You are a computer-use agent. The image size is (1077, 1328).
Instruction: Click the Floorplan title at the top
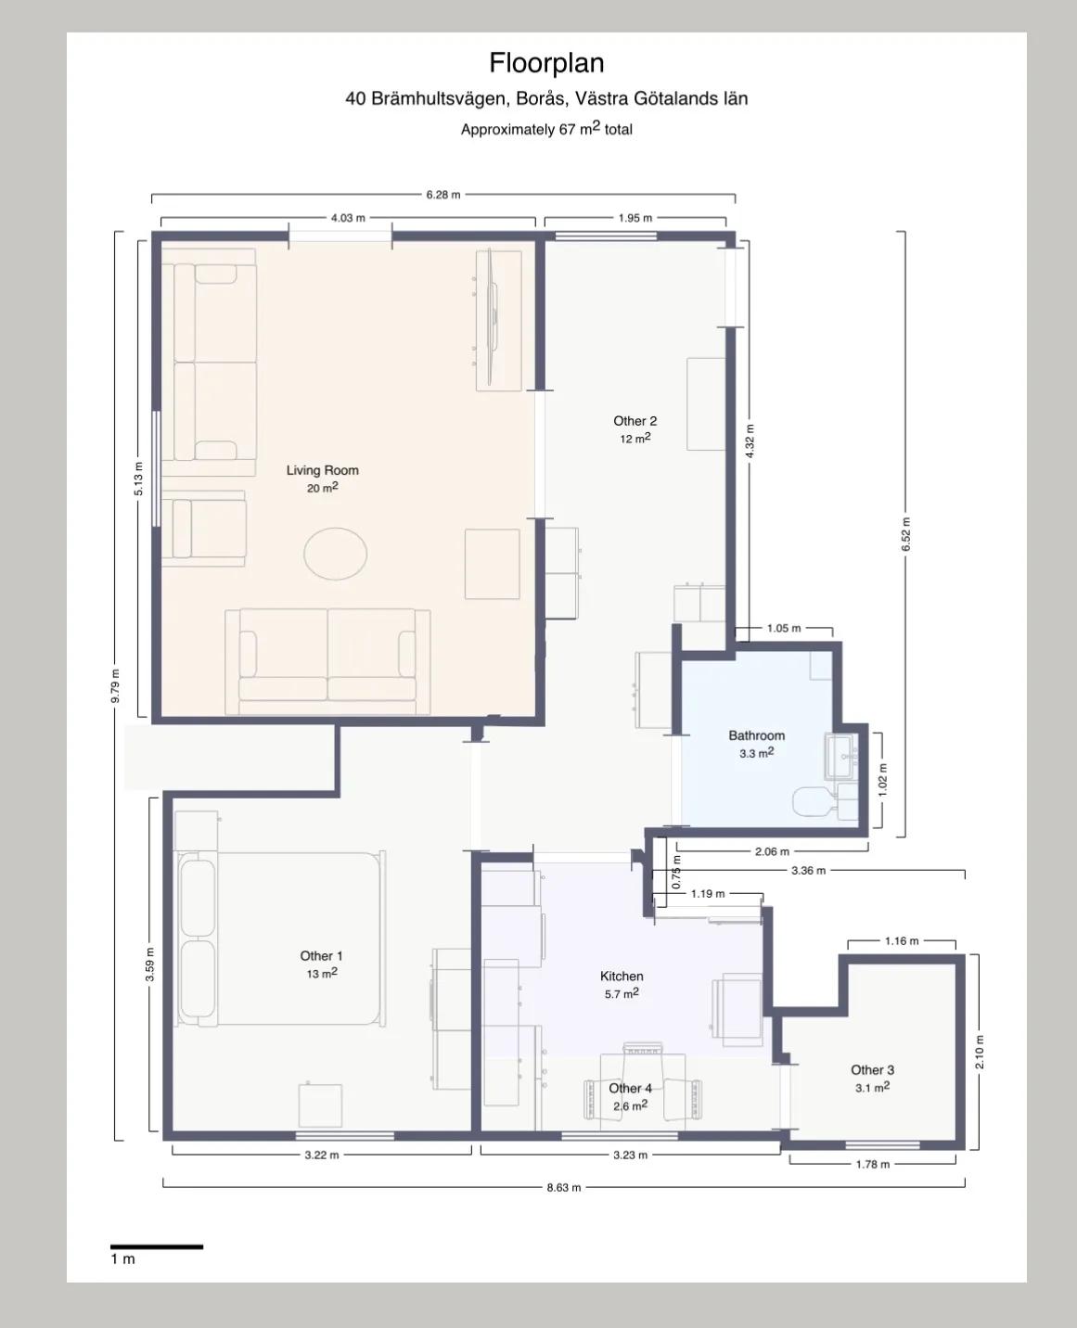click(x=546, y=63)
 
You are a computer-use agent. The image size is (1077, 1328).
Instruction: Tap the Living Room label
click(x=323, y=470)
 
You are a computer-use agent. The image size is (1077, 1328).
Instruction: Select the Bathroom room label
click(x=756, y=735)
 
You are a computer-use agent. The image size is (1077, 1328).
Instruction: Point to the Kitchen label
click(x=622, y=976)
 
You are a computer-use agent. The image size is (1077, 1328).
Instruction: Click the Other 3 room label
click(x=872, y=1069)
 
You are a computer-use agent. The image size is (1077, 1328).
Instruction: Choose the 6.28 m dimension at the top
click(x=443, y=195)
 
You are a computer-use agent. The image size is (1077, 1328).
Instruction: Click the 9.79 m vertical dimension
click(x=115, y=686)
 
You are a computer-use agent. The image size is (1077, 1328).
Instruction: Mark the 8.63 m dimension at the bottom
click(x=564, y=1187)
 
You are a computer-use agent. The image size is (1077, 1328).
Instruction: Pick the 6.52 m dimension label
click(x=906, y=534)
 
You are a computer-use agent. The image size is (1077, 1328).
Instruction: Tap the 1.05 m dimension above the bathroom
click(x=784, y=628)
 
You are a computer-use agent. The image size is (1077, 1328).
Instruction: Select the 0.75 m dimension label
click(x=676, y=872)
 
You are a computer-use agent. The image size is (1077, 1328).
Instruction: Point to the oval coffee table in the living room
click(x=336, y=554)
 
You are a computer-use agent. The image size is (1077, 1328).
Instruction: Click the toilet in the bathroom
click(x=814, y=802)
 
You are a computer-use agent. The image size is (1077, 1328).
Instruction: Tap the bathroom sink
click(x=841, y=758)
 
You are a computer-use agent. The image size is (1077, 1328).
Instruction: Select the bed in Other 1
click(x=281, y=939)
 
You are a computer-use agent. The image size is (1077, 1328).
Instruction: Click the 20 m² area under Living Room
click(x=323, y=487)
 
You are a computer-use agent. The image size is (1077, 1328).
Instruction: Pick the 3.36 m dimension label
click(x=808, y=871)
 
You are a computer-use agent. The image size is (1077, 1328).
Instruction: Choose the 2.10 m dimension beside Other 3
click(x=980, y=1052)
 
